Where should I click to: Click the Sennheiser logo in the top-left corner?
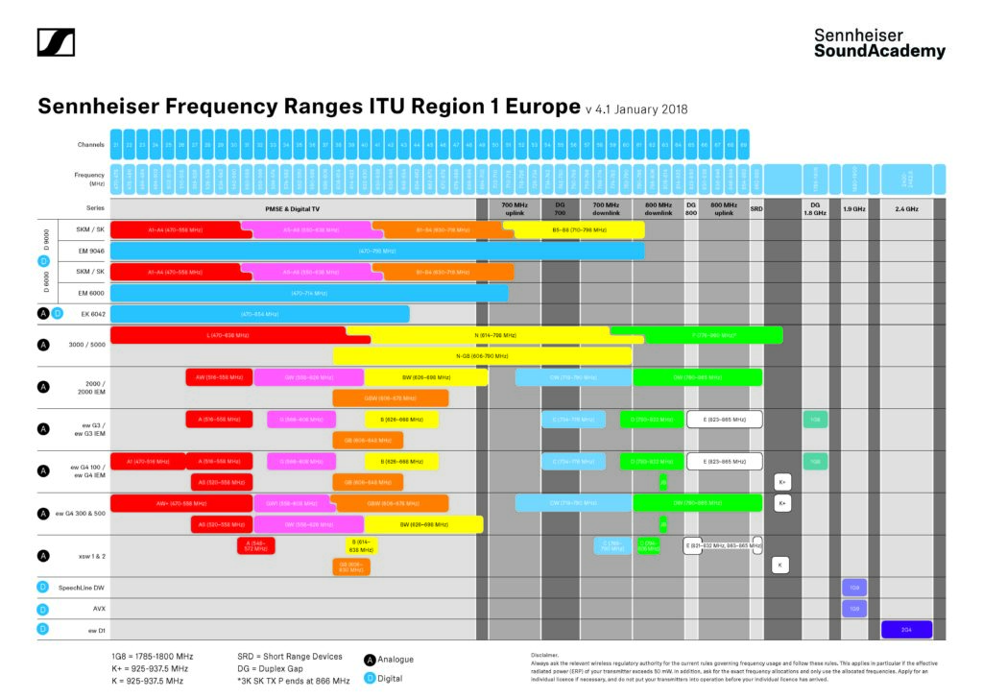(56, 42)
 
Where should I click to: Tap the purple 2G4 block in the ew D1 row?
(906, 630)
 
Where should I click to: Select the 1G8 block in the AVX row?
(854, 609)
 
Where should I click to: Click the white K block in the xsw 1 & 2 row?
(780, 566)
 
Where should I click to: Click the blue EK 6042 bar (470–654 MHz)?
(259, 314)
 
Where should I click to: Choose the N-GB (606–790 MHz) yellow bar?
(482, 355)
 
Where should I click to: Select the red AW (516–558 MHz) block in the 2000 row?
(219, 377)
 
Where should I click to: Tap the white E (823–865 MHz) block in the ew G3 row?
(724, 420)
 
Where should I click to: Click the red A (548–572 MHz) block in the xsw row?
(255, 545)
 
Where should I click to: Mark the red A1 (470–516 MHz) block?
(147, 461)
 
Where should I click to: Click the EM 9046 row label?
(90, 251)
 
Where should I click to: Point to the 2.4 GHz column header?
(906, 207)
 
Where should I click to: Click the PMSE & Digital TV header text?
(292, 207)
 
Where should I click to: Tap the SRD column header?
(755, 207)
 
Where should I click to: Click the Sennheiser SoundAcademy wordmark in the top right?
(879, 43)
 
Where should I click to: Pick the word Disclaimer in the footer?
(532, 653)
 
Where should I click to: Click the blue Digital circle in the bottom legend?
(370, 679)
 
